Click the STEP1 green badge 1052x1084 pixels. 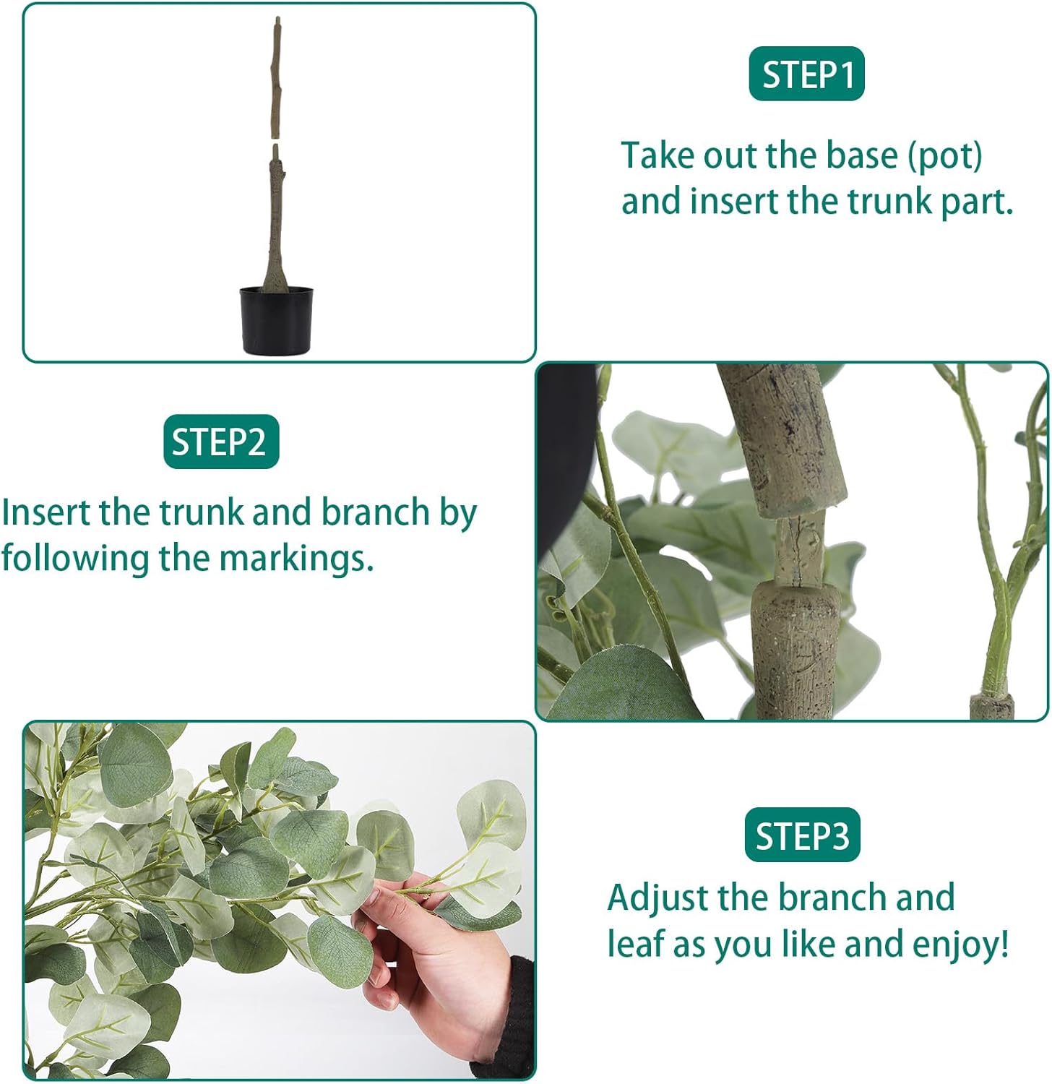coord(806,74)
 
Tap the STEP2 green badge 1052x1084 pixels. coord(221,442)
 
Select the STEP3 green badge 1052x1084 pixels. coord(802,835)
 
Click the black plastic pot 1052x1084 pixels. coord(277,320)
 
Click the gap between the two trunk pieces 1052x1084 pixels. coord(275,141)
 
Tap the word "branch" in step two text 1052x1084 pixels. coord(375,512)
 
